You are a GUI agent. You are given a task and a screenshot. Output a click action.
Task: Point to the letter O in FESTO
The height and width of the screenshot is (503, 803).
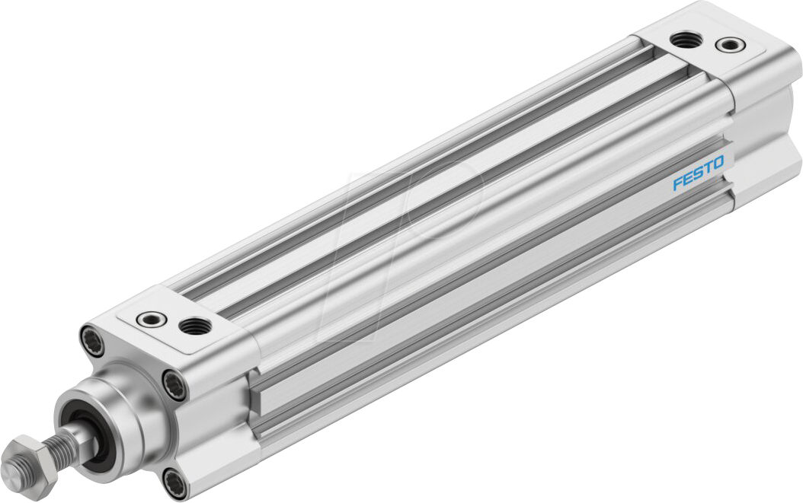[720, 162]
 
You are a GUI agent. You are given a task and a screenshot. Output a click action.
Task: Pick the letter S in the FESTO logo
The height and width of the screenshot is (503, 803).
[699, 174]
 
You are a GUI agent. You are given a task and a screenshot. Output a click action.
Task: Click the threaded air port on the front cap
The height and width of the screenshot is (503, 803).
[192, 326]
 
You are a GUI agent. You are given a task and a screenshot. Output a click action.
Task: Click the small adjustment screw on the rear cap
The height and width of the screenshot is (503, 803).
[730, 45]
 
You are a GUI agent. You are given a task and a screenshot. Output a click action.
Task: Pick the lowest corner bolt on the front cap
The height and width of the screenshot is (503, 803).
[176, 479]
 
